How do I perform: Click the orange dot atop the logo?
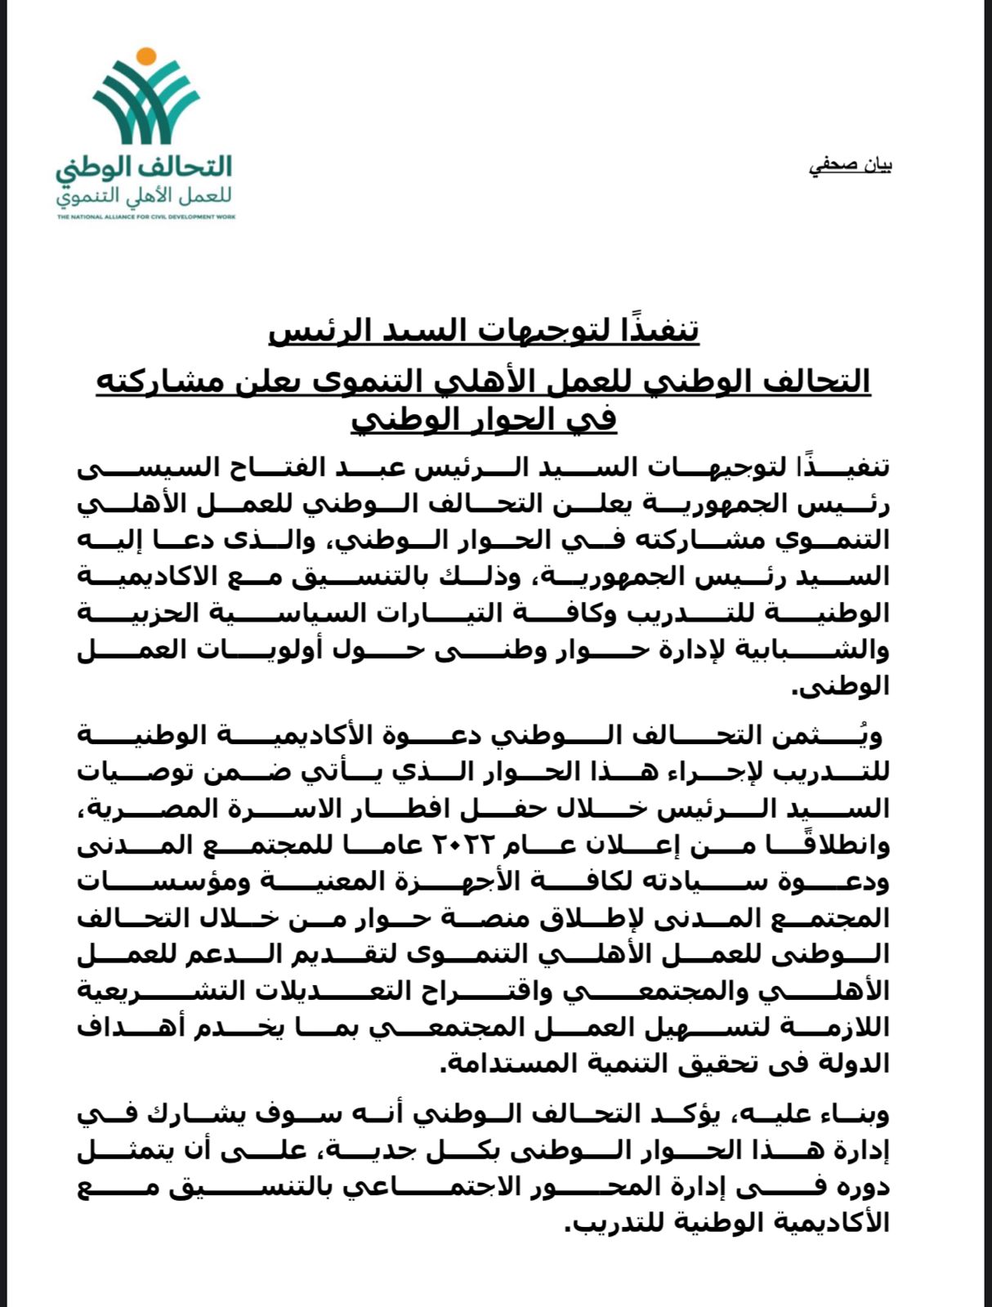point(145,56)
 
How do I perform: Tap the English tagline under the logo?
point(146,217)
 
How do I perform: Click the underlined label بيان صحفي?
point(850,166)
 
